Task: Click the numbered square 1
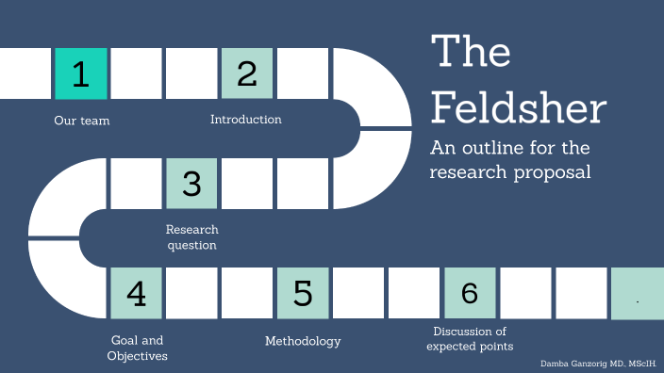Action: click(x=81, y=73)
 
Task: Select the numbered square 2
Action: click(x=247, y=73)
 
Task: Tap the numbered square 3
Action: click(x=191, y=183)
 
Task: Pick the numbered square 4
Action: click(x=137, y=293)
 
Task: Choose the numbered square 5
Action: click(x=303, y=293)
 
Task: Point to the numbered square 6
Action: click(x=470, y=293)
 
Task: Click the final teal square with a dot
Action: click(x=637, y=293)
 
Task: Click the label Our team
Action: click(x=81, y=121)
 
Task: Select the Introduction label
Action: click(x=245, y=120)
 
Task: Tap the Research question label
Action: click(x=191, y=237)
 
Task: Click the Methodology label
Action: click(x=303, y=341)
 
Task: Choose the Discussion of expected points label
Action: click(x=470, y=339)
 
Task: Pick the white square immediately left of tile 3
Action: click(x=137, y=183)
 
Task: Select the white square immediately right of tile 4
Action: click(x=191, y=293)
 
